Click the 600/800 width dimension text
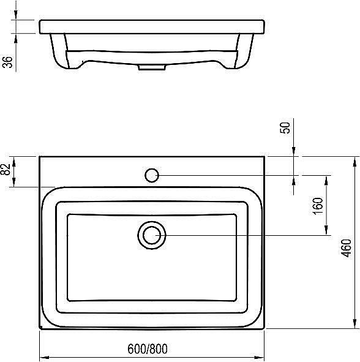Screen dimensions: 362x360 [x=147, y=349]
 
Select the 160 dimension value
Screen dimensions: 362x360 [x=317, y=205]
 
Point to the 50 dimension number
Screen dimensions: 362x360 [x=285, y=127]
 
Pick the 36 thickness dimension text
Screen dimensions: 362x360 [x=7, y=63]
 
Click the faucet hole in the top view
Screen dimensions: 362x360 [x=152, y=176]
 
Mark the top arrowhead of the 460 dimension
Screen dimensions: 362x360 [x=354, y=161]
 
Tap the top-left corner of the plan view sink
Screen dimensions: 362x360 [x=40, y=157]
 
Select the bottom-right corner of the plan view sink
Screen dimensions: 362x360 [x=264, y=329]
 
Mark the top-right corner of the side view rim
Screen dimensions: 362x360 [x=264, y=21]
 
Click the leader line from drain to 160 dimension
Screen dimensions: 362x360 [x=245, y=235]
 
